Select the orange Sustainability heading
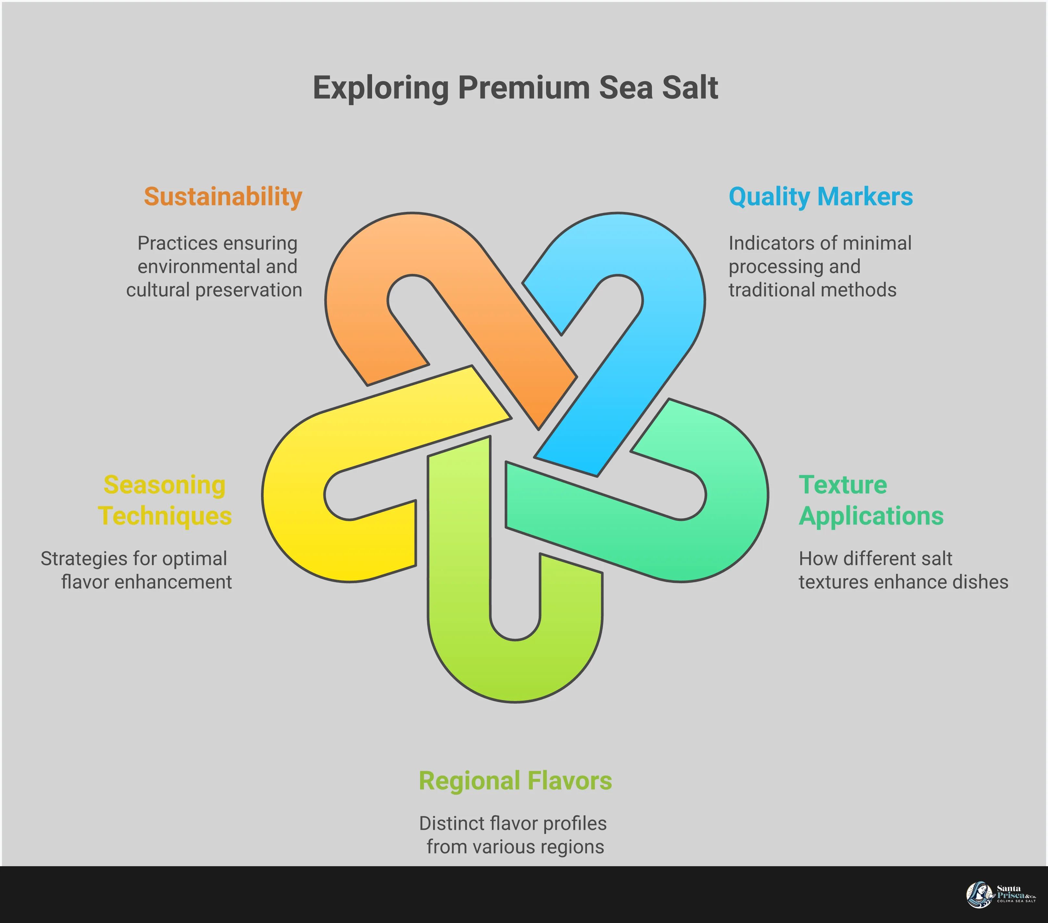223,197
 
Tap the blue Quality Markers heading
820,197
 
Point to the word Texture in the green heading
842,485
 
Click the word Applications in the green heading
871,516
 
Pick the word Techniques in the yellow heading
165,516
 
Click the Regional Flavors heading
515,781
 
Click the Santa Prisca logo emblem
979,895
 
